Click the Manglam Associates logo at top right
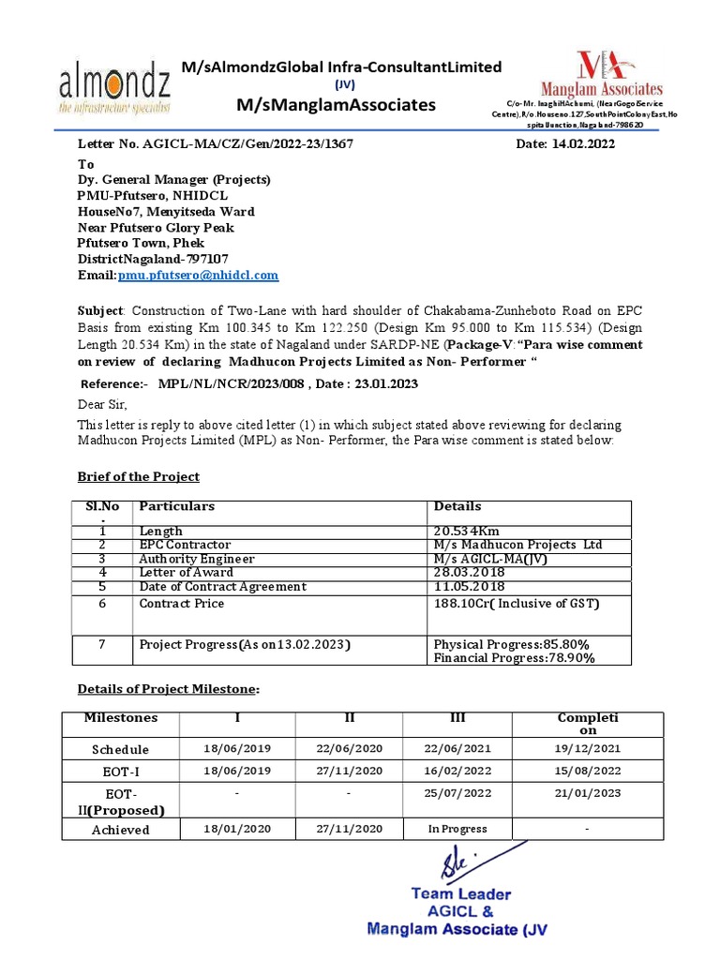click(x=619, y=75)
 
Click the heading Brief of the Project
click(x=138, y=476)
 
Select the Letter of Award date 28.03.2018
click(x=468, y=572)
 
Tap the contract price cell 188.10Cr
click(x=516, y=604)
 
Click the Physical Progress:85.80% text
click(x=511, y=644)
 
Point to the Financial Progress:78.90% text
click(x=514, y=658)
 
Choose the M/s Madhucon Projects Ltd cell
click(x=517, y=546)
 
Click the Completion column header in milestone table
click(x=588, y=724)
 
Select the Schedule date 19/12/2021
click(x=588, y=749)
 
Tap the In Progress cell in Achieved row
click(x=457, y=829)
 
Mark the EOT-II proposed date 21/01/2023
click(x=588, y=793)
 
